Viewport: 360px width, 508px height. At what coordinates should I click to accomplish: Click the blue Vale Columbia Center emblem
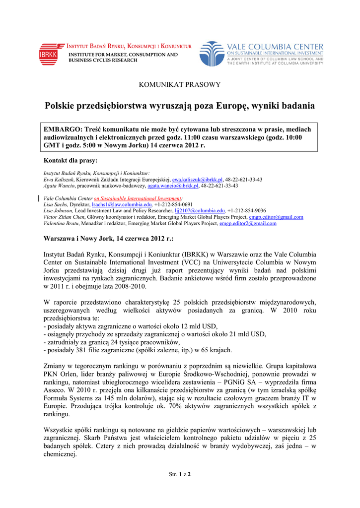(212, 54)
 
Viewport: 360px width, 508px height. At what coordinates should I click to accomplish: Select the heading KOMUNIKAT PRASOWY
(179, 84)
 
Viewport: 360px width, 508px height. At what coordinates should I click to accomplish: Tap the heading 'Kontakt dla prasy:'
(71, 161)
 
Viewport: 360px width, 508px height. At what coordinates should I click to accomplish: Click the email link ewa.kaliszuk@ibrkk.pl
(197, 180)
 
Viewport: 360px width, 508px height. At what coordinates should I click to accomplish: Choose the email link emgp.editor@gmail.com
(276, 217)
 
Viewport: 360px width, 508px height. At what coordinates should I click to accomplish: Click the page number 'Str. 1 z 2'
(180, 474)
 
